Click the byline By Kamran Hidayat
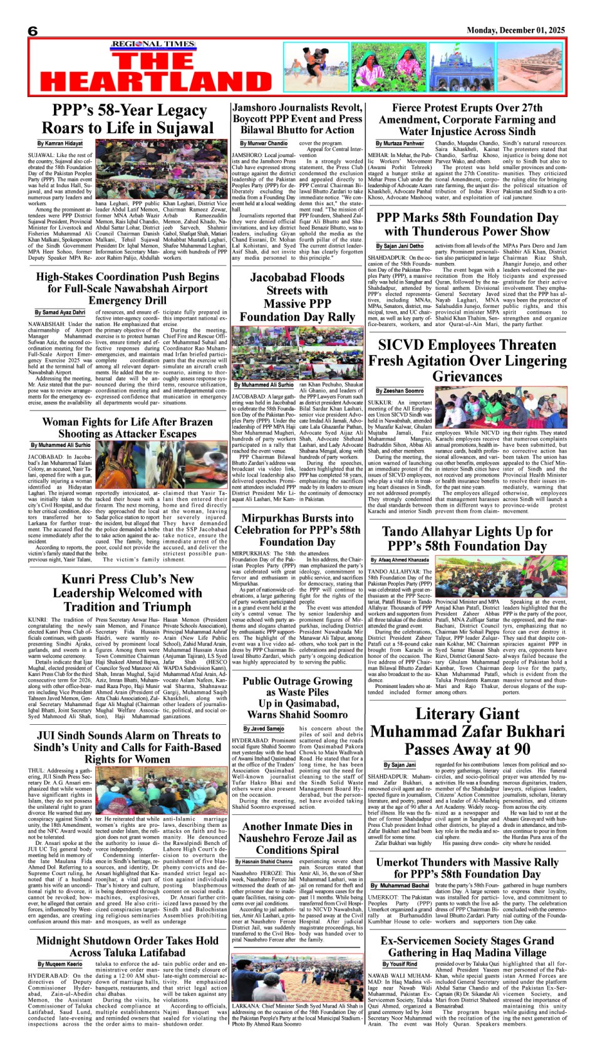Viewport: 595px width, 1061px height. (59, 144)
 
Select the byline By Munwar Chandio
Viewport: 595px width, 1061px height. (264, 144)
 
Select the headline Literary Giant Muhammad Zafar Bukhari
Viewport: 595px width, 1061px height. (467, 730)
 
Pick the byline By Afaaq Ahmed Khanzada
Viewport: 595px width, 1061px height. (400, 560)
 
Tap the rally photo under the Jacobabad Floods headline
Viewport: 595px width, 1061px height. (297, 352)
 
